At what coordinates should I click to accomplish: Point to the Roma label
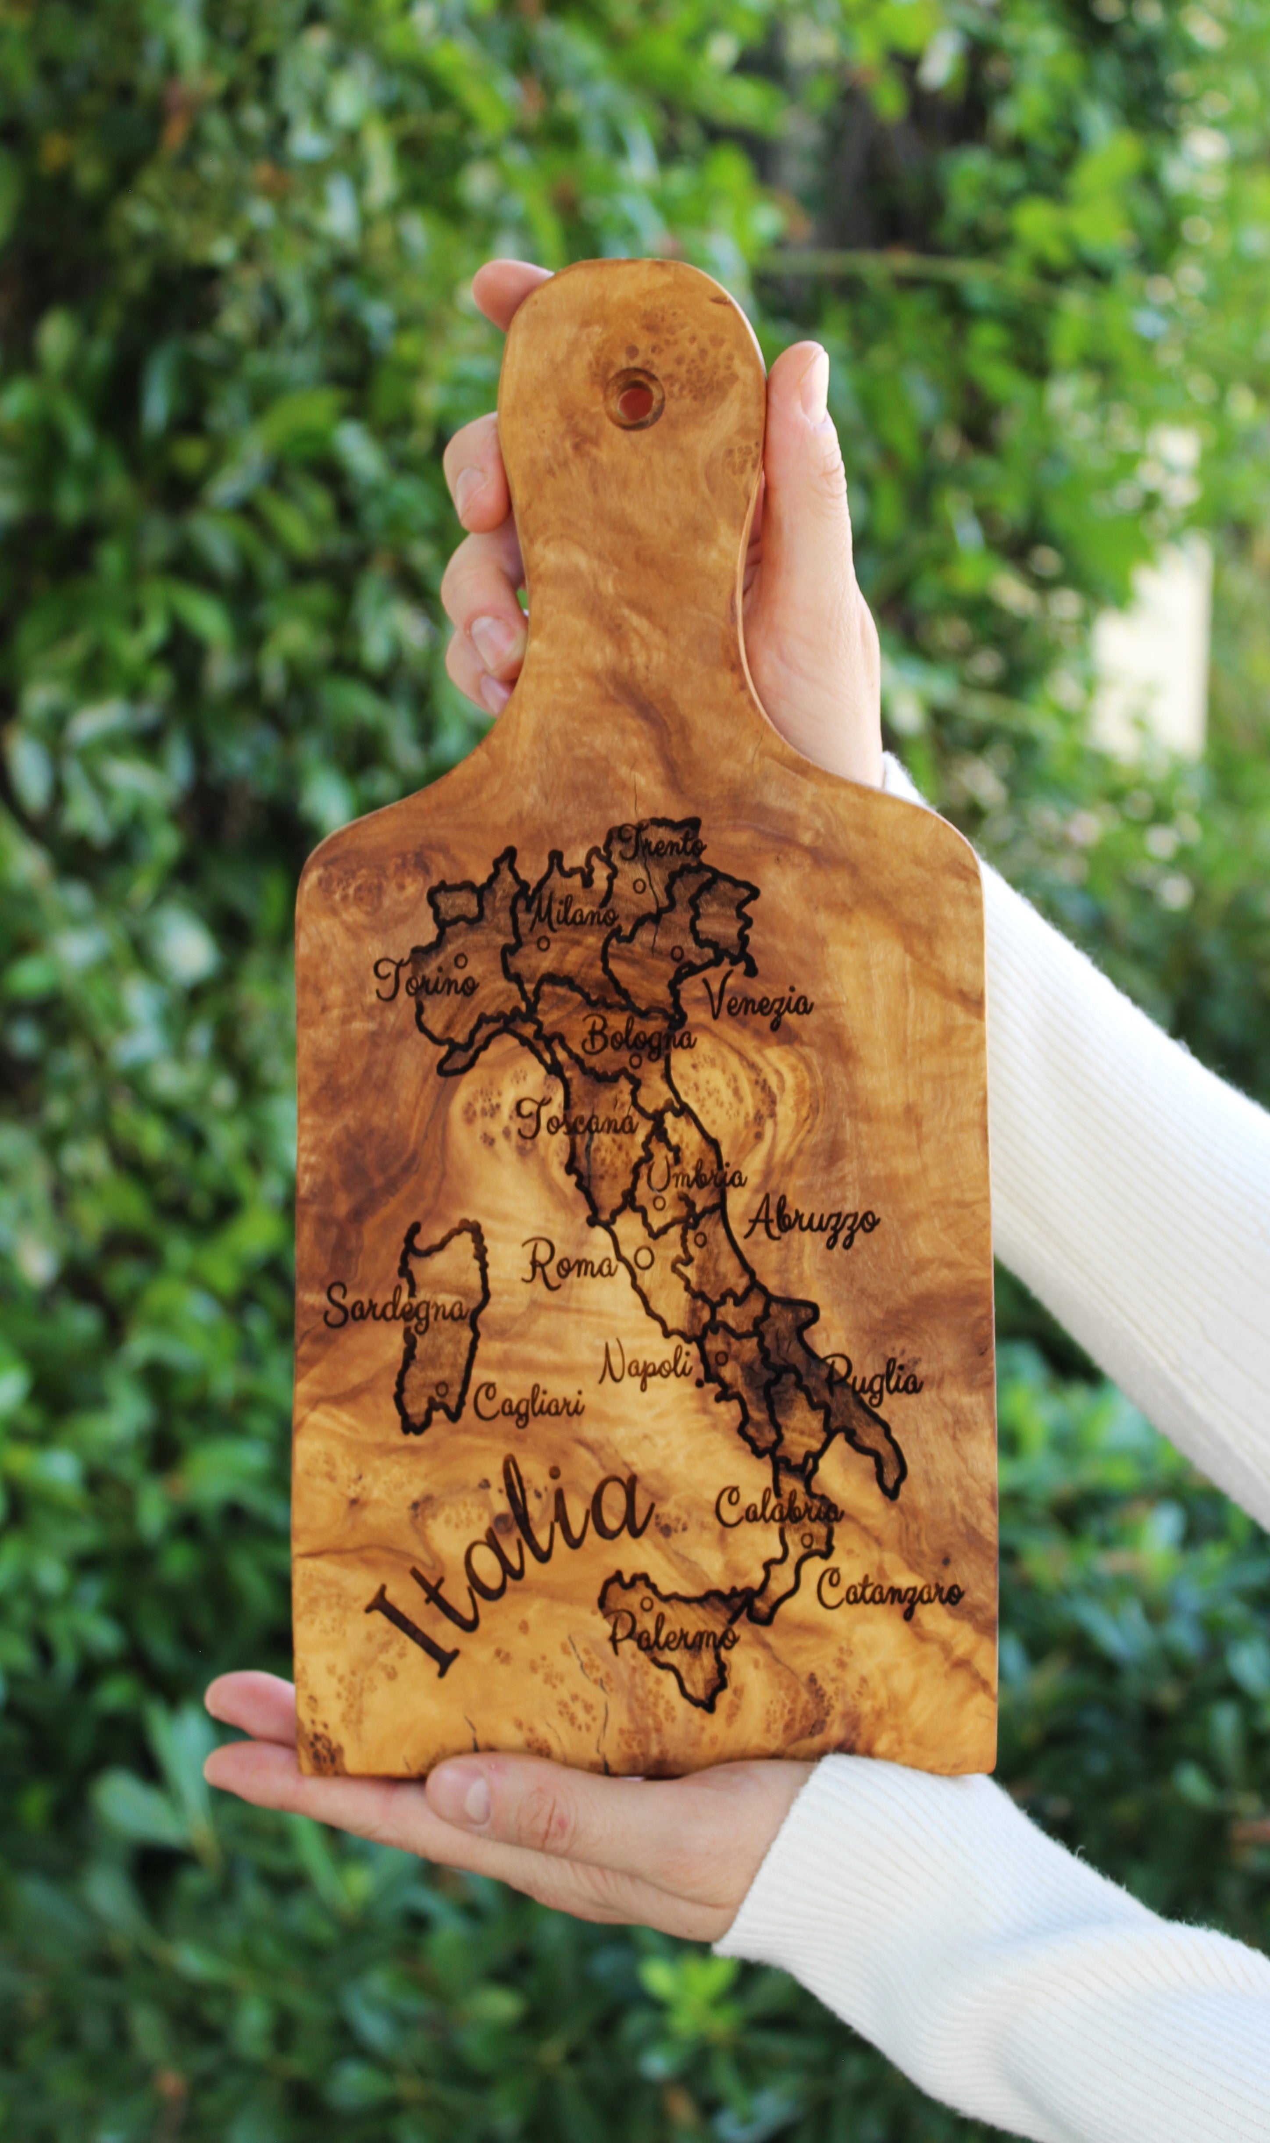point(568,1265)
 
